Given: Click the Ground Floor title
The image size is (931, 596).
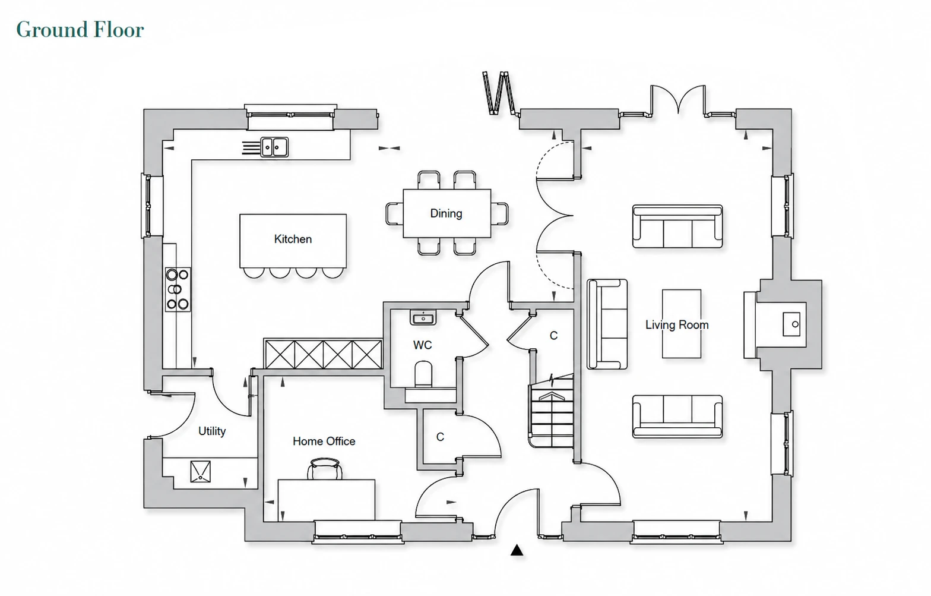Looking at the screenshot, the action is point(80,30).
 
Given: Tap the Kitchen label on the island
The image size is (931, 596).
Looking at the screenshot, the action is point(293,239).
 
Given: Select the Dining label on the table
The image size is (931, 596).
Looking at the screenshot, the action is point(446,214).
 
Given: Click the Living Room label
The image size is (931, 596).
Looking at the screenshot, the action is point(677,325).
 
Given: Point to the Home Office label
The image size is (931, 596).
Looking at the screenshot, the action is point(324,442).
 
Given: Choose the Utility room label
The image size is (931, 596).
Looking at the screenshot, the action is point(212,431).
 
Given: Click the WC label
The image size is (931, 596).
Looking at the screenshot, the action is point(422,345).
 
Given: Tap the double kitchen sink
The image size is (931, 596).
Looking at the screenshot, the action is point(274,147).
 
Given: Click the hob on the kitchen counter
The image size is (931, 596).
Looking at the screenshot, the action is point(178,289).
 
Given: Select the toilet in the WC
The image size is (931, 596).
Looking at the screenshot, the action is point(424,374).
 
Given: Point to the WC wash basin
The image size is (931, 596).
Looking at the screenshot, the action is point(423,317).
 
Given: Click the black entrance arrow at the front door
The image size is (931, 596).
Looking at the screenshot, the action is point(517,550).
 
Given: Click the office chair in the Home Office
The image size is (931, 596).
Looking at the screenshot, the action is point(325,469).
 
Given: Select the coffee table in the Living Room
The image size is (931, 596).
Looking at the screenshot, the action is point(681,324).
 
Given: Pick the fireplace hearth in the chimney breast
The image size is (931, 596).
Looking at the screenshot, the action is point(791,324).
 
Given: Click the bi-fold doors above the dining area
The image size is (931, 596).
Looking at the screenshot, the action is point(499,93).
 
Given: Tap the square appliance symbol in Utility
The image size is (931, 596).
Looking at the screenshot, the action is point(200,472).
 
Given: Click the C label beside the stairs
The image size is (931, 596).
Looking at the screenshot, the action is point(553,336).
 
